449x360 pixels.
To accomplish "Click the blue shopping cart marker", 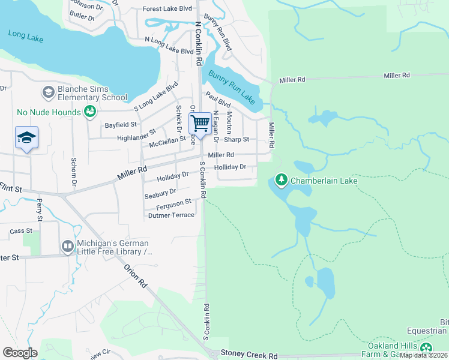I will (x=200, y=124).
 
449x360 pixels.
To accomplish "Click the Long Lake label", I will (x=26, y=35).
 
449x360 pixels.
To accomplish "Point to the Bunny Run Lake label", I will (x=232, y=86).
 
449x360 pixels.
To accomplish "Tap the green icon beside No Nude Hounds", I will (x=90, y=112).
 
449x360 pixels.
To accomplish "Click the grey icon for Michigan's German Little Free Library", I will (x=67, y=247).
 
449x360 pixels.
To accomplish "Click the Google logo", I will (x=20, y=353).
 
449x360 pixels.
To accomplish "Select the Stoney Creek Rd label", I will (x=250, y=355).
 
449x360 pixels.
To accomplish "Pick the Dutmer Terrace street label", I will (x=171, y=215).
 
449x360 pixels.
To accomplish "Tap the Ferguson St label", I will (x=173, y=204).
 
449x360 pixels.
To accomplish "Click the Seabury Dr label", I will (x=160, y=193).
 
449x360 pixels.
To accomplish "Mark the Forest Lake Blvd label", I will (x=167, y=9).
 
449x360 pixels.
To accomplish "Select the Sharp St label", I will (x=236, y=139).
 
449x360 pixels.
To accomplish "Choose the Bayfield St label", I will (x=121, y=124).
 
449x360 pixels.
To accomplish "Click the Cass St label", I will (x=20, y=231).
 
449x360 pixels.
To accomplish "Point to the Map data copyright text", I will (x=424, y=355).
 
